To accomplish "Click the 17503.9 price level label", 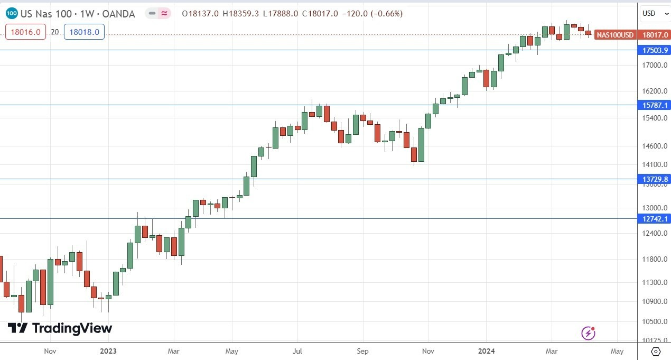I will coord(655,50).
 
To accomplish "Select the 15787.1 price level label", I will coord(655,105).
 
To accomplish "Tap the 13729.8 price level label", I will coord(655,179).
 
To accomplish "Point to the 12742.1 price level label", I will coord(655,219).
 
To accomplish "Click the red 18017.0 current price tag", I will coord(655,35).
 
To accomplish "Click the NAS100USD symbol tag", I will coord(615,35).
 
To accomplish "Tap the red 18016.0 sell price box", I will coord(25,32).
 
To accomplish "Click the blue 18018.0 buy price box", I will coord(84,32).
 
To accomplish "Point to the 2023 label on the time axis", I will coord(108,350).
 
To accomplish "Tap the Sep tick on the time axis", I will coord(362,350).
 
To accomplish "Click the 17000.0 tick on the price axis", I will coord(655,66).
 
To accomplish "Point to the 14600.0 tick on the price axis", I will coord(655,146).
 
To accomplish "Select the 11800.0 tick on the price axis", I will coord(655,259).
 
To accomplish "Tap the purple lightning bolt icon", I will coord(589,333).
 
